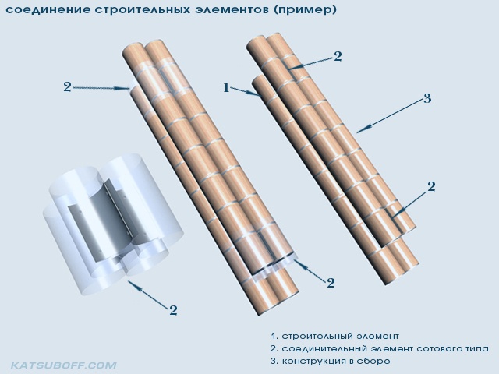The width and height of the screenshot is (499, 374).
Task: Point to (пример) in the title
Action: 305,10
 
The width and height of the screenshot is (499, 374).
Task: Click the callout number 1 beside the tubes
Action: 226,87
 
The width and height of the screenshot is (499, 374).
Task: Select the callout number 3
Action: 427,98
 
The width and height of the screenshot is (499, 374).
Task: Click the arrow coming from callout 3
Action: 390,116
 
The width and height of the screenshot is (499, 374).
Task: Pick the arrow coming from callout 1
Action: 246,92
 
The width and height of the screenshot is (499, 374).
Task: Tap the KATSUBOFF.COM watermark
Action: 64,365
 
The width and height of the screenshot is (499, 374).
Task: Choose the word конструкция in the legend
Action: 313,362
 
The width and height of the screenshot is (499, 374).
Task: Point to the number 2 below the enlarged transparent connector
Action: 173,310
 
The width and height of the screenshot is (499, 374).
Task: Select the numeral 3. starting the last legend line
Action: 274,362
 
